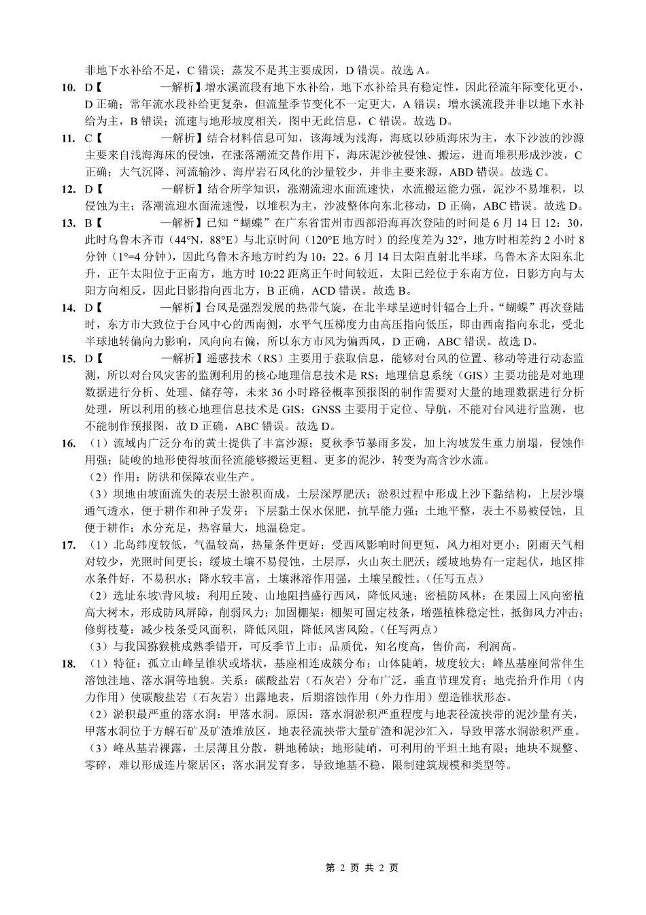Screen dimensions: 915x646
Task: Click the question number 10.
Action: (68, 87)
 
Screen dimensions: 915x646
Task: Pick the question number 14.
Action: (68, 307)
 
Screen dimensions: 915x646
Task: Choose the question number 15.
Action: (68, 358)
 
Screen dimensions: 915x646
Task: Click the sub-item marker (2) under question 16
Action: (98, 477)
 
